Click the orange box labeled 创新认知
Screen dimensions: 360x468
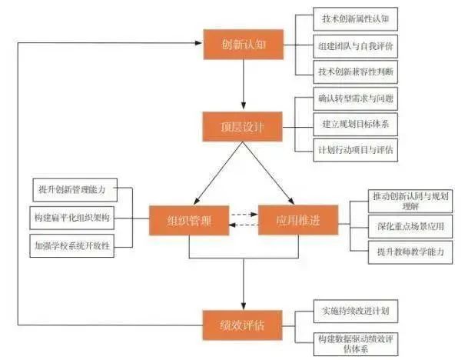pyautogui.click(x=243, y=45)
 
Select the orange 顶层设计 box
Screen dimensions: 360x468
pyautogui.click(x=243, y=126)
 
